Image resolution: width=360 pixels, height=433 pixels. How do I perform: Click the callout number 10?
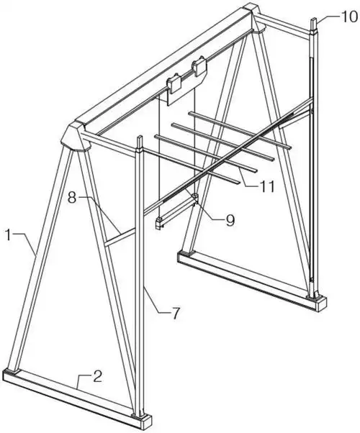coord(349,17)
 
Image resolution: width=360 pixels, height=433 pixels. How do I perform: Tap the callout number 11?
coord(266,187)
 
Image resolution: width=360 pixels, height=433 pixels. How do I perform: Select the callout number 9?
coord(230,220)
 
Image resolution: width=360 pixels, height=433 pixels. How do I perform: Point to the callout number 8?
coord(72,198)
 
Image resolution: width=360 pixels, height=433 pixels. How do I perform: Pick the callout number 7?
coord(176,314)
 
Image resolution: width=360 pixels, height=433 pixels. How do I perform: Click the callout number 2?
coord(98,376)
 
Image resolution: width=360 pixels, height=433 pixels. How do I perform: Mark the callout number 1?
coord(9,235)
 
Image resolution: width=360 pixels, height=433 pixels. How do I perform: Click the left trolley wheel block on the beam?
coord(174,83)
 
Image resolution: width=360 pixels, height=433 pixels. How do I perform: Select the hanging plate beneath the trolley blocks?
coord(185,88)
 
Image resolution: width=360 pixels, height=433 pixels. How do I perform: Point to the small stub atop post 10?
coord(315,25)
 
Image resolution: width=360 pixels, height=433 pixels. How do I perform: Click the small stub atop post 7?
coord(140,142)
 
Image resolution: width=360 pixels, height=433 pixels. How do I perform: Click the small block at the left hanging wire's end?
coord(159,223)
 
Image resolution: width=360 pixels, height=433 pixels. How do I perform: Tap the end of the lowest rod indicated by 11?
coord(238,182)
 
